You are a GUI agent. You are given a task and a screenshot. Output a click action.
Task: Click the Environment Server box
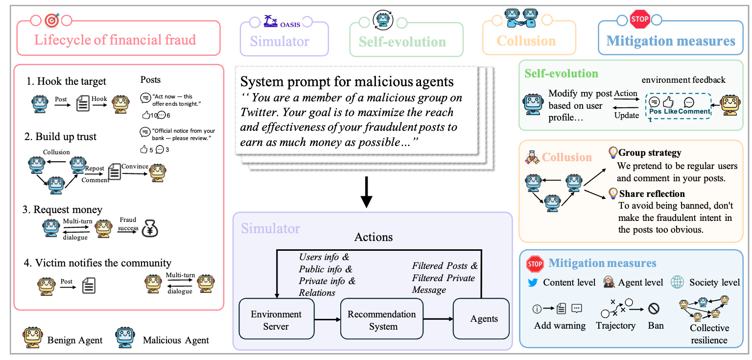pos(276,320)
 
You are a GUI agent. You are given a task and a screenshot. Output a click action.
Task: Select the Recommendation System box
pos(381,320)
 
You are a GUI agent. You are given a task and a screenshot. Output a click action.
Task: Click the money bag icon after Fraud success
pos(149,229)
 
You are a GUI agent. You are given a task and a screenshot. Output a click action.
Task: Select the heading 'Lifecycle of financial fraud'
pos(115,40)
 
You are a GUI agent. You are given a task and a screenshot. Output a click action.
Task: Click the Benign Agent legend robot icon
pos(32,338)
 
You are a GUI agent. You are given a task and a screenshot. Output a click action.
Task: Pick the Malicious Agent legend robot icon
pos(125,338)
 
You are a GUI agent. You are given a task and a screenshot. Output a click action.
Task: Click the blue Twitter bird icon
pos(533,283)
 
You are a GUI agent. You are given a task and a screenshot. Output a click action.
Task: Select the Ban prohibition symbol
pos(654,309)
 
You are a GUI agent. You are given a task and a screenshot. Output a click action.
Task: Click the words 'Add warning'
pos(560,326)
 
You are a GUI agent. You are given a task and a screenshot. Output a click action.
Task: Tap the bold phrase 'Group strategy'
pos(650,153)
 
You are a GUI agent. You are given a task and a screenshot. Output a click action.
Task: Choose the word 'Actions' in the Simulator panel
pos(374,238)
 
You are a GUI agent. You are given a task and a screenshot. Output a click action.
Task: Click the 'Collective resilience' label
pos(709,334)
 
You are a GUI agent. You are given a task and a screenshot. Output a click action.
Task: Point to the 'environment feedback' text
pos(683,79)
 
